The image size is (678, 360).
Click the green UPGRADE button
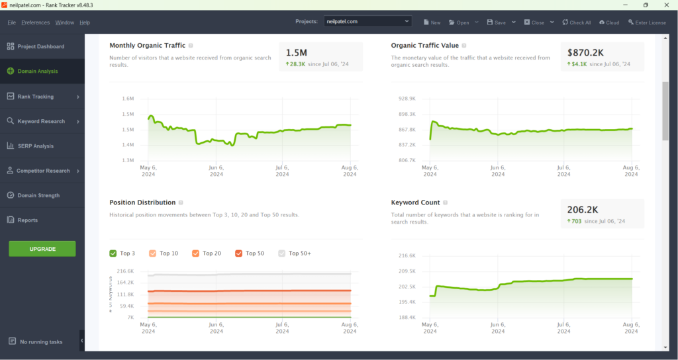coord(42,249)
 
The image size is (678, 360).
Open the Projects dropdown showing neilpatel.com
coord(368,22)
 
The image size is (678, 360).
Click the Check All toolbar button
coord(576,22)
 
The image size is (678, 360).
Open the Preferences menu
coord(35,22)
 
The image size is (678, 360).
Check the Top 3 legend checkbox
coord(113,253)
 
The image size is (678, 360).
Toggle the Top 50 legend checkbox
coord(238,253)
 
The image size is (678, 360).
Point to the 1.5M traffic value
coord(296,52)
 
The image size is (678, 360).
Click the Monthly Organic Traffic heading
coord(147,46)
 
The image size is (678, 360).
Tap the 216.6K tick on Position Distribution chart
coord(125,271)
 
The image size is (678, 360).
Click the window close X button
coord(665,5)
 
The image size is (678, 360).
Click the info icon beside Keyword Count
coord(446,202)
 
